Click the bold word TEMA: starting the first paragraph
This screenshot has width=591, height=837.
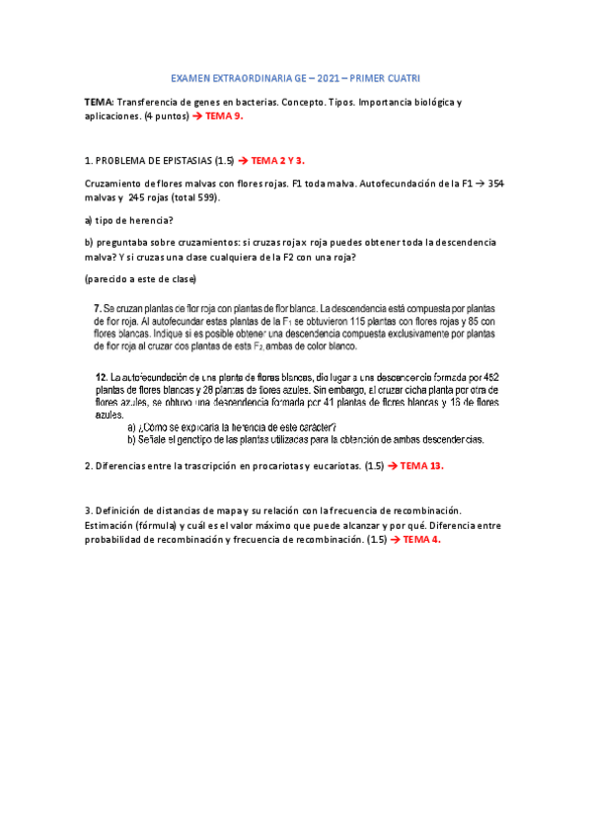(x=100, y=103)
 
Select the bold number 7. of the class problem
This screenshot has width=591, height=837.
(x=98, y=308)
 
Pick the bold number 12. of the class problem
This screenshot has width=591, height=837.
(x=102, y=378)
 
